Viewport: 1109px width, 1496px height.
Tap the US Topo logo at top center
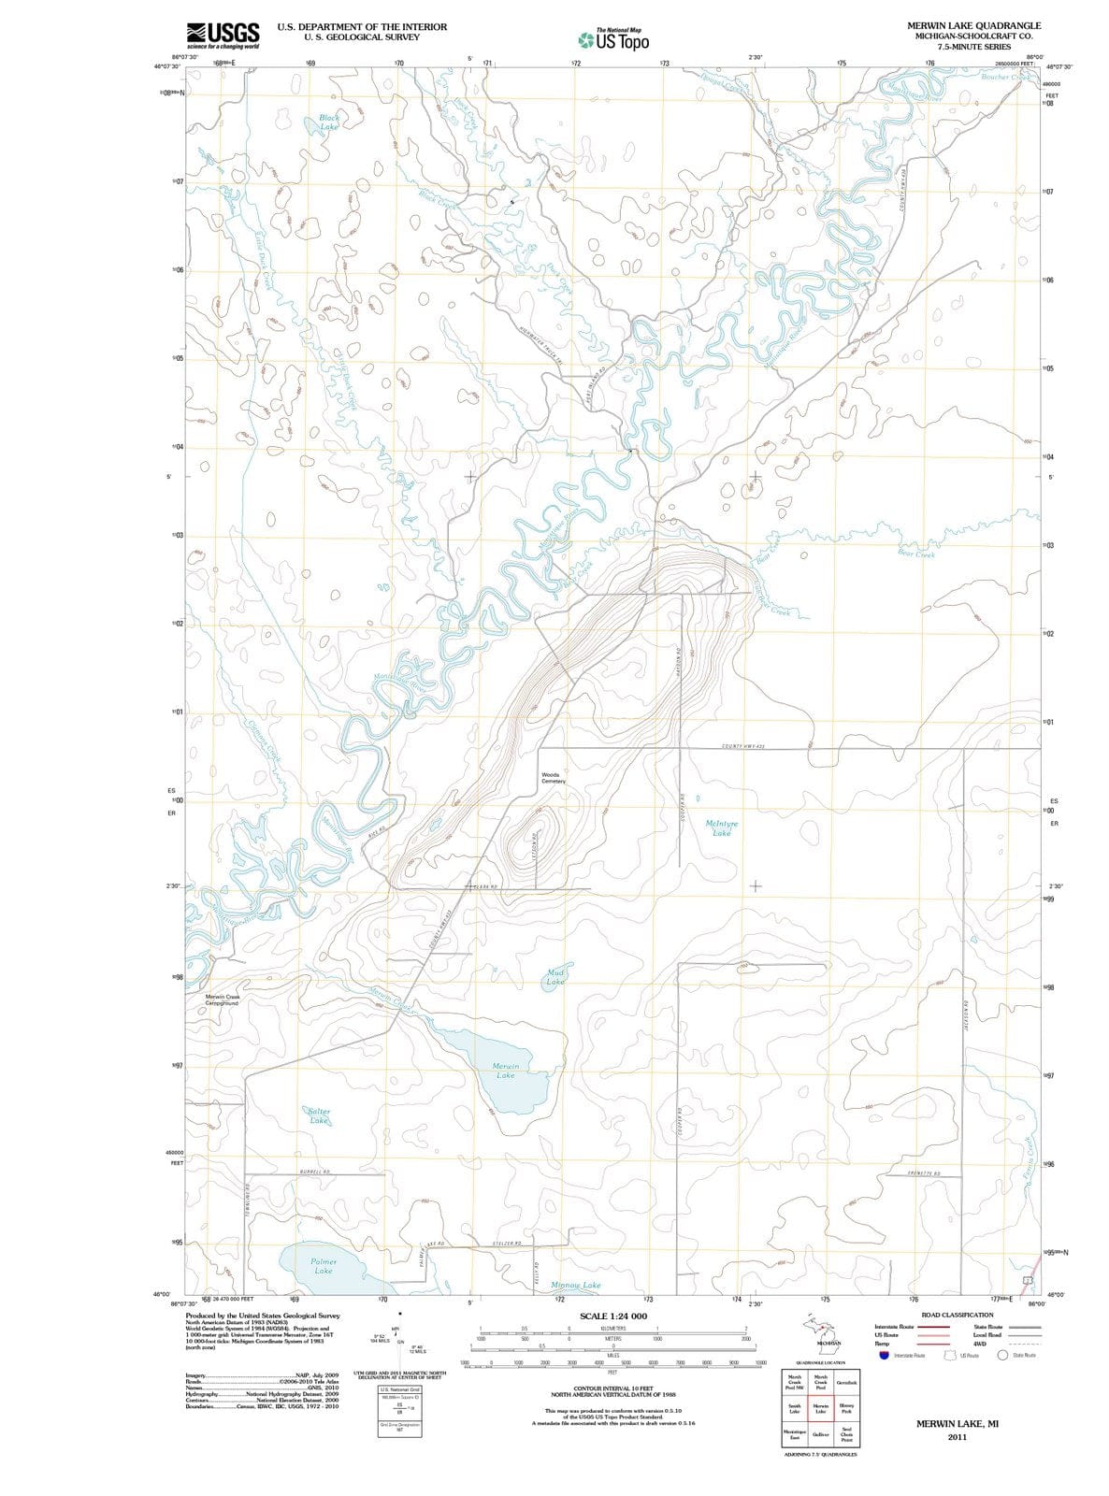[612, 40]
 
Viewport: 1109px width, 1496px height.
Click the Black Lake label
[329, 122]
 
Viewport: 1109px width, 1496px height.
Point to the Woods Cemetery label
[553, 778]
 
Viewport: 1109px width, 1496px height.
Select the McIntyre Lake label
[722, 828]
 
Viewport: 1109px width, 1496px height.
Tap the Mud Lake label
[554, 978]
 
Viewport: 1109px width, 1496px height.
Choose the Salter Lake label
[319, 1115]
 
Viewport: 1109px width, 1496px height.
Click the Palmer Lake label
[324, 1266]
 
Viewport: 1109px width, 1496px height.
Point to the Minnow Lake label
[576, 1285]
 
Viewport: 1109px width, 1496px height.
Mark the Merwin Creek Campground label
[223, 1000]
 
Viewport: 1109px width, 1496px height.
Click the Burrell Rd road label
[314, 1172]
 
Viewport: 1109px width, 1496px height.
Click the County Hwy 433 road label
[744, 746]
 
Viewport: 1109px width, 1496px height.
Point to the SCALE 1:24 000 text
[612, 1316]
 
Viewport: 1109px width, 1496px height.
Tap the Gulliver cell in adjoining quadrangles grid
[820, 1433]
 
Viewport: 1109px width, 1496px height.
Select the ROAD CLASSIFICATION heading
[958, 1315]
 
